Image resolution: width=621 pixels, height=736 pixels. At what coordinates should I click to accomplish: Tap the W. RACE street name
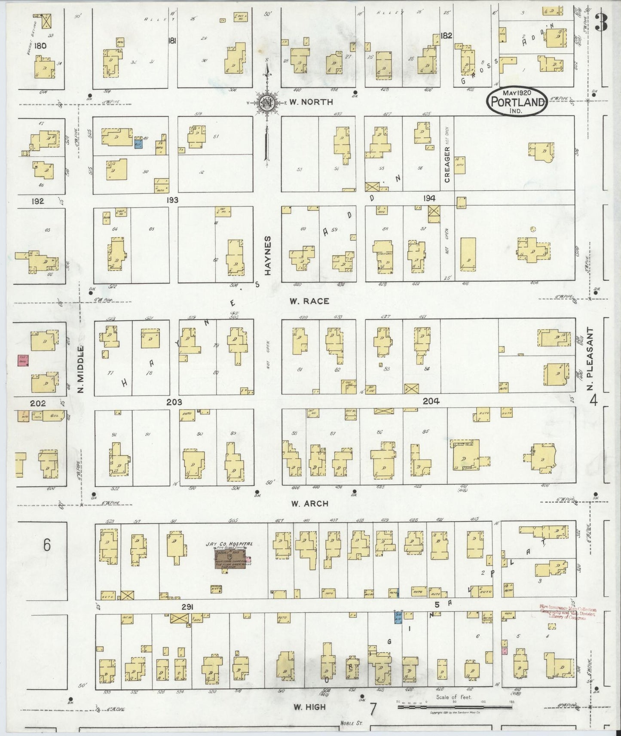point(309,301)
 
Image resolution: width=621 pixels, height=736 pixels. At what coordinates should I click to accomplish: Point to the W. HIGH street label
point(309,707)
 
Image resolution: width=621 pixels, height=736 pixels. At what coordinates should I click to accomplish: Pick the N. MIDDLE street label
point(80,371)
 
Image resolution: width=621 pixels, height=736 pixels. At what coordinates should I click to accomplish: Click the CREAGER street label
point(447,164)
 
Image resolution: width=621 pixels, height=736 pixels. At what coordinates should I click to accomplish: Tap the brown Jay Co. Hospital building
point(230,559)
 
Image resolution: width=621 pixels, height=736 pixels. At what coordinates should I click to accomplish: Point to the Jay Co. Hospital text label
point(229,544)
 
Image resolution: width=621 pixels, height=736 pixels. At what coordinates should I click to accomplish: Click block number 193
point(173,200)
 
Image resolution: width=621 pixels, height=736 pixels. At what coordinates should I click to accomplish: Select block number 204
point(431,401)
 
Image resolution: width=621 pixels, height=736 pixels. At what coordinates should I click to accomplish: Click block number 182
point(447,36)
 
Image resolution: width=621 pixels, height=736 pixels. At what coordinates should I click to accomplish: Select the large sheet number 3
point(601,24)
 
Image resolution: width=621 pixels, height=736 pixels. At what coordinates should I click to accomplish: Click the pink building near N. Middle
point(22,360)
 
